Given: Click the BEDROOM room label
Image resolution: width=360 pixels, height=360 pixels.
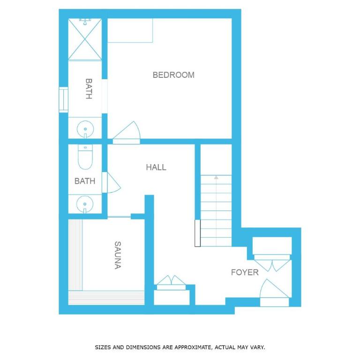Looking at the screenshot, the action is tap(173, 75).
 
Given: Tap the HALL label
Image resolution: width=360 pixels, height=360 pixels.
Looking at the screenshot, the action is tap(156, 167).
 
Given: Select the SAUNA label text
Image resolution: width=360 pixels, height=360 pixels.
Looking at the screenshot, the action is tap(118, 255).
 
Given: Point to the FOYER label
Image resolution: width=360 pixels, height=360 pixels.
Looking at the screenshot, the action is tap(245, 272).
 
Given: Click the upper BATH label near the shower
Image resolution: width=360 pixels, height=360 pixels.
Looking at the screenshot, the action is tap(89, 89).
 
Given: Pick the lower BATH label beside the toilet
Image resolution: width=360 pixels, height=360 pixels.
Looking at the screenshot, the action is tap(85, 181).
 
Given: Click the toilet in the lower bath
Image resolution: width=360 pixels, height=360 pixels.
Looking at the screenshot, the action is tap(85, 157).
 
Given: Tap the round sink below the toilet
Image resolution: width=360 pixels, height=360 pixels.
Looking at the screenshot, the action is tap(85, 204).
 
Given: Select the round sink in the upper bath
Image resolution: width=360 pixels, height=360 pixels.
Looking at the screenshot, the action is tap(85, 129).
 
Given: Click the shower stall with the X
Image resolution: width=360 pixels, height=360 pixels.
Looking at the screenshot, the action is tap(85, 39).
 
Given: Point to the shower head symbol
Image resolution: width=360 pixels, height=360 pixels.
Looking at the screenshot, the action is tap(85, 22).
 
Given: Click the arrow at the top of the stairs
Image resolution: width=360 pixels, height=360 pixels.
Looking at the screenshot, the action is tap(216, 178).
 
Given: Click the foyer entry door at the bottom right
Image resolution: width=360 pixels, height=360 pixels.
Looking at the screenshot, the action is tap(274, 292).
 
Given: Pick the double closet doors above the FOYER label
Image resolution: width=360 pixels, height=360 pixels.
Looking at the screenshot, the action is tap(272, 265).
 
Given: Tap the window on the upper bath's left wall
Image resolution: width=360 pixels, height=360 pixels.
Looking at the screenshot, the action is tap(63, 100).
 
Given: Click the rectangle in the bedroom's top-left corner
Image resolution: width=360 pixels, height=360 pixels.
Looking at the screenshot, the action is tap(130, 30).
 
